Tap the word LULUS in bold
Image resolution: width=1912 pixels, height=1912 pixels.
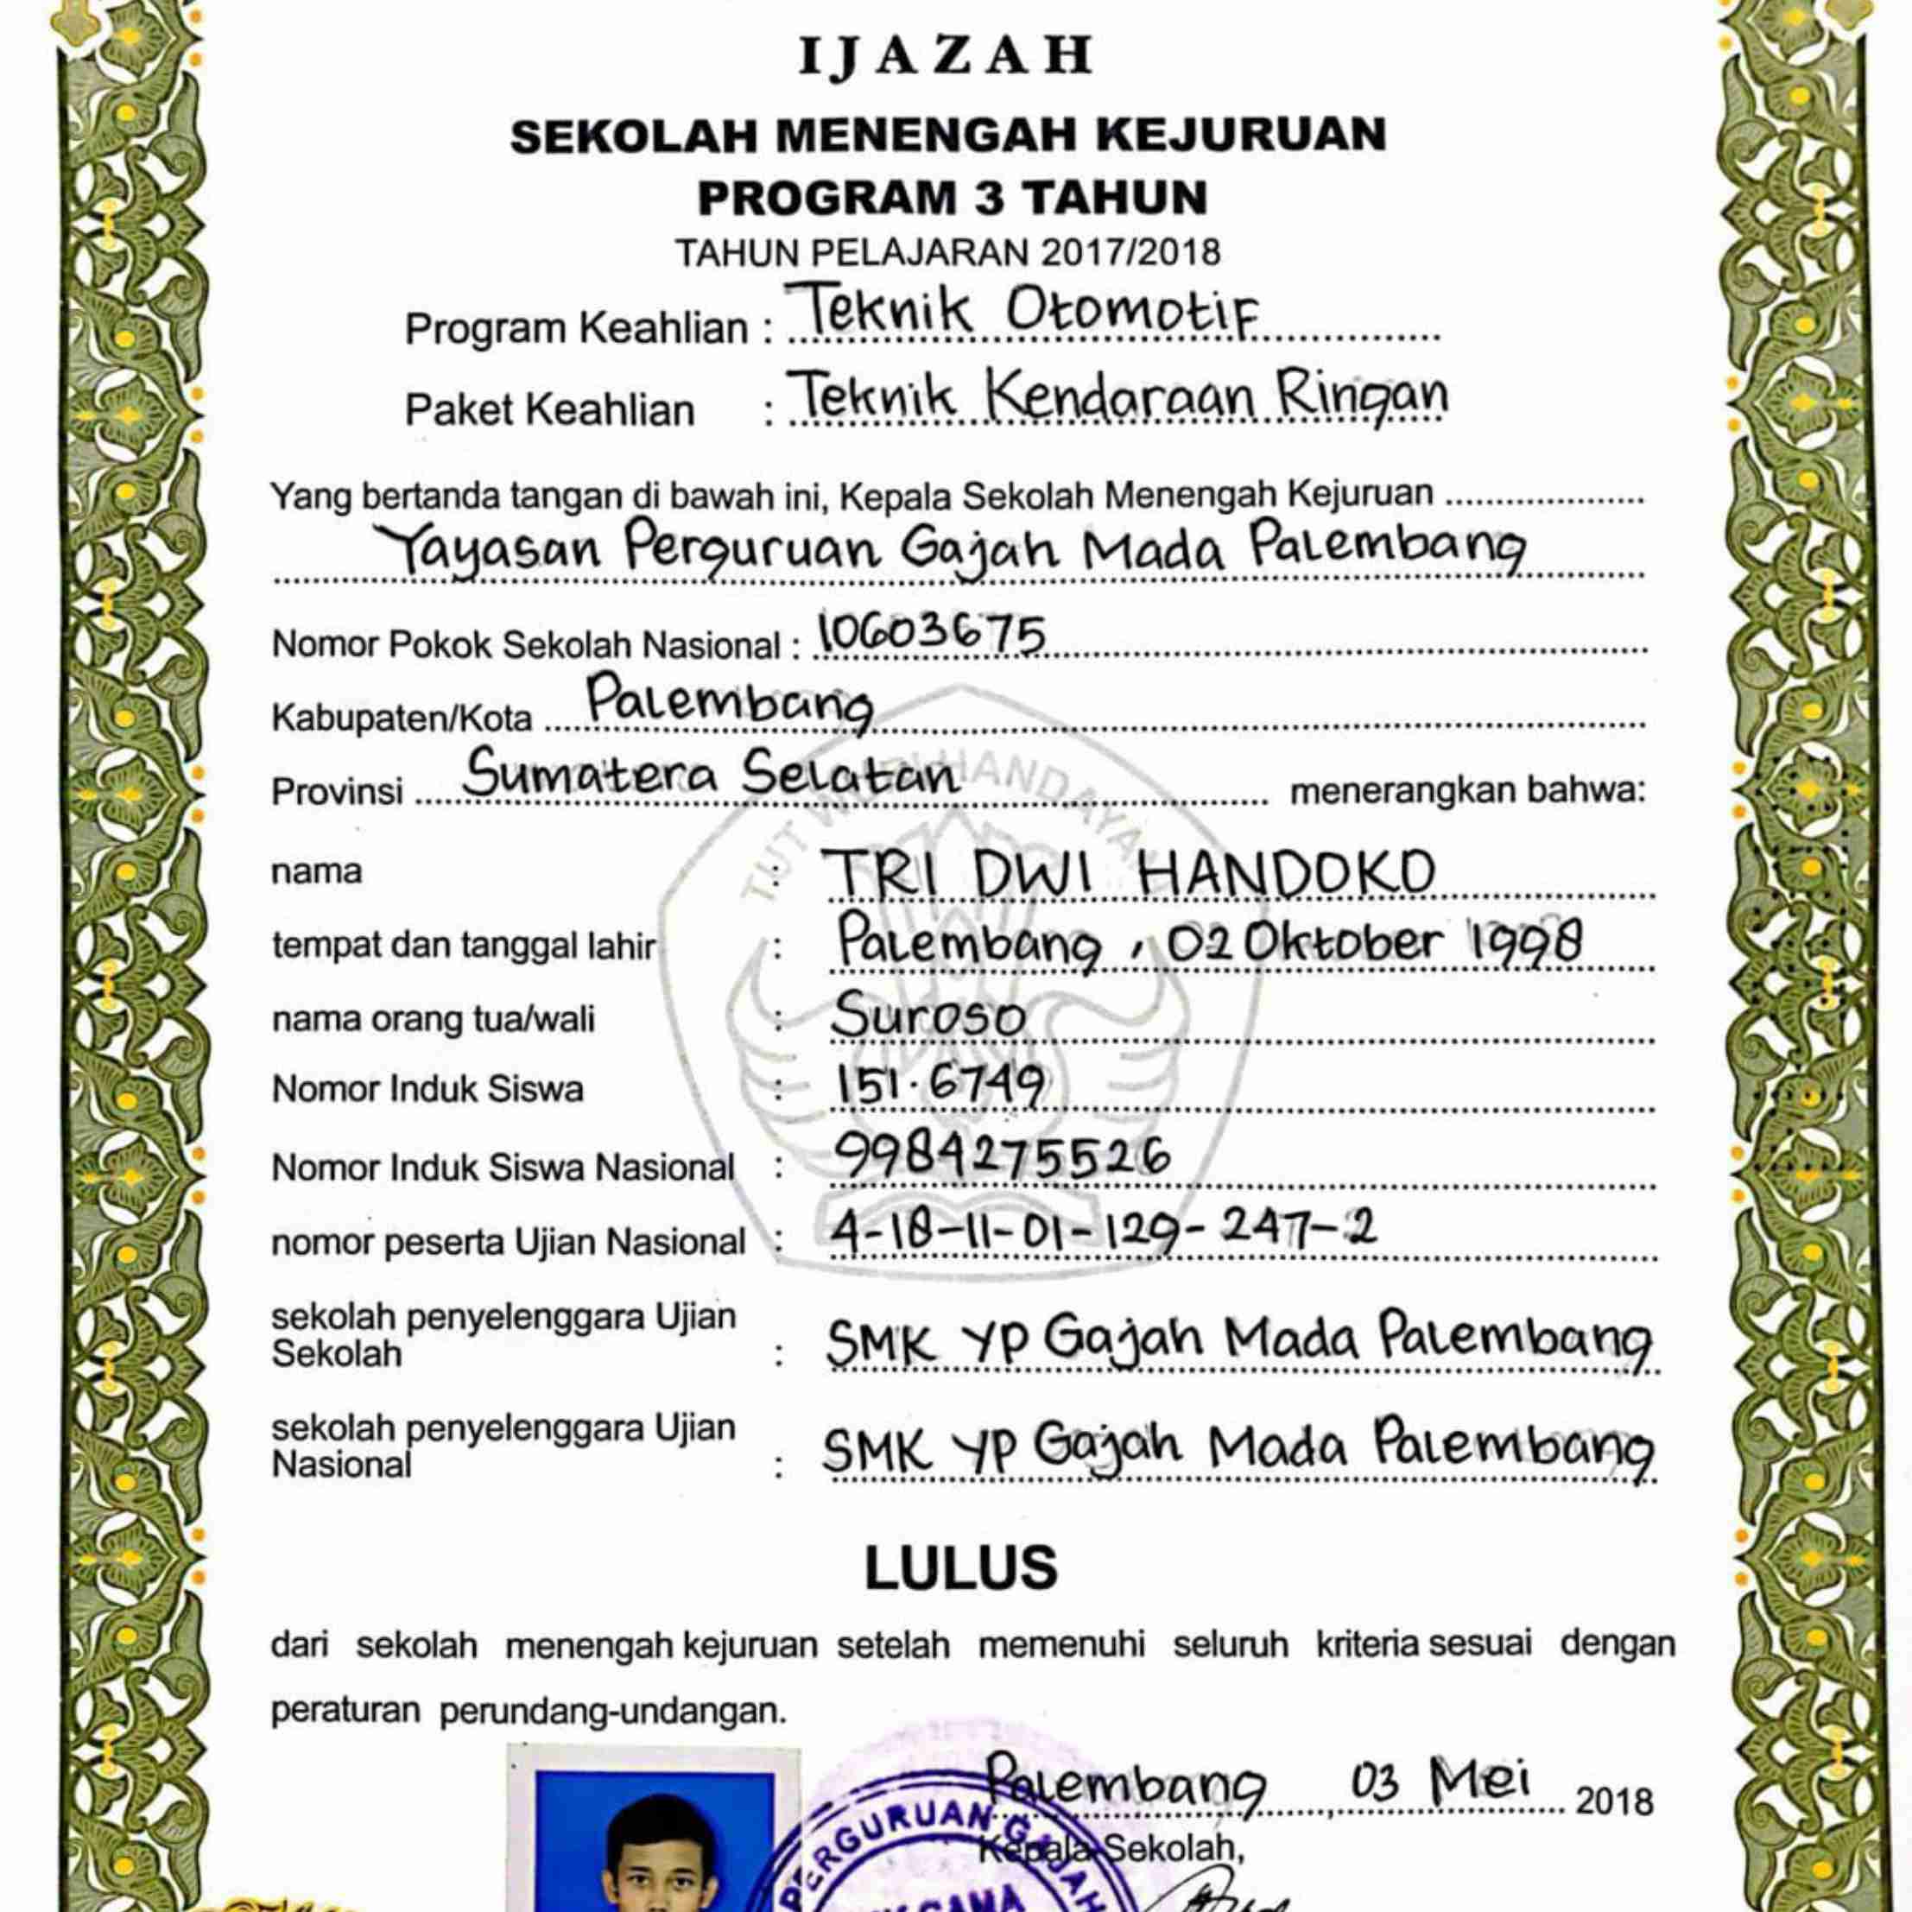(961, 1568)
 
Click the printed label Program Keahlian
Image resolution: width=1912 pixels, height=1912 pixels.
(576, 328)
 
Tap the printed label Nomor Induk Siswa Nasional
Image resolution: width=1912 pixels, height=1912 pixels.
(503, 1168)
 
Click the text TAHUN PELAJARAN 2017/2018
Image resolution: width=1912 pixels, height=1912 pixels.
(947, 253)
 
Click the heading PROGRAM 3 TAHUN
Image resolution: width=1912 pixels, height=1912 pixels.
(952, 198)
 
